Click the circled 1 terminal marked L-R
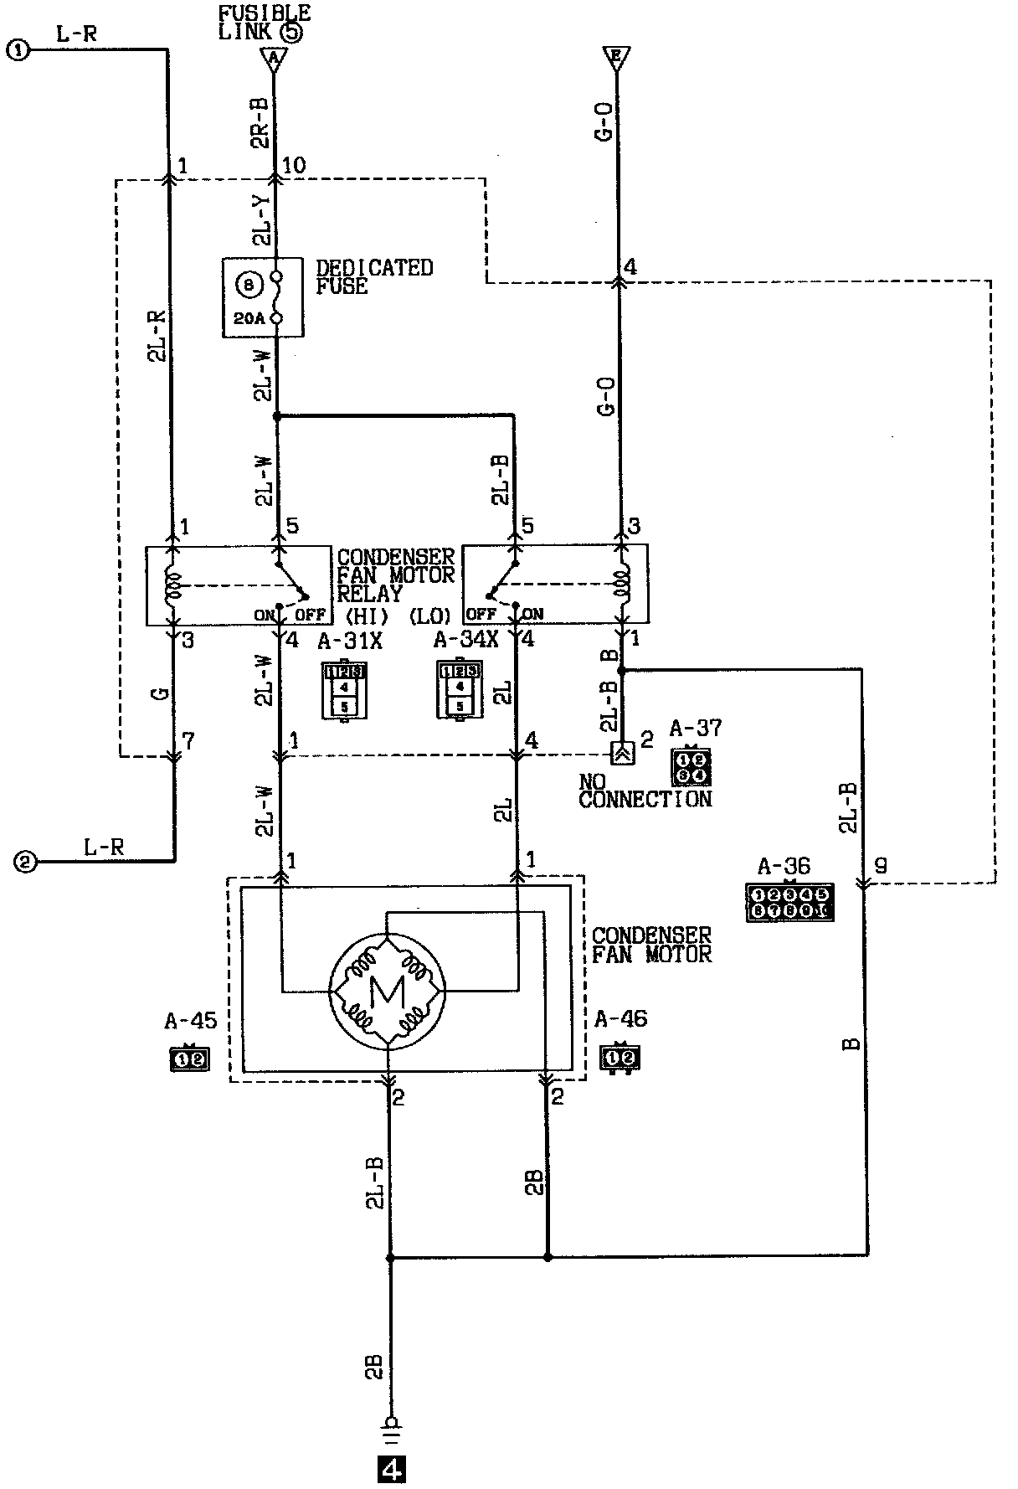(x=18, y=50)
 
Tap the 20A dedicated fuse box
(x=262, y=297)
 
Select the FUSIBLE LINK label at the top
(x=264, y=23)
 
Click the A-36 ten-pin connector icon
(x=789, y=903)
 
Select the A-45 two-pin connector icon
(x=188, y=1059)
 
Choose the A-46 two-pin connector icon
(x=620, y=1059)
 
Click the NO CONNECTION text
(x=645, y=791)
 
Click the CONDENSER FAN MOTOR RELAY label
(x=395, y=575)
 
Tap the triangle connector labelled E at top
(x=616, y=58)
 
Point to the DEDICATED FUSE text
(x=373, y=277)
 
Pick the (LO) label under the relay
(x=430, y=616)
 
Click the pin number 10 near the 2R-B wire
(x=295, y=166)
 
